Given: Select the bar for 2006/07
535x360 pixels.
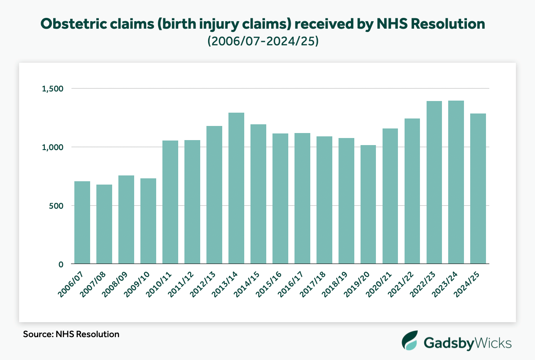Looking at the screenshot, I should coord(82,222).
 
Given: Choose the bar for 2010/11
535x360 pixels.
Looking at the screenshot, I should coord(170,202).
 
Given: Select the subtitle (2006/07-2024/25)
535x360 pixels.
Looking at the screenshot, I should coord(263,42).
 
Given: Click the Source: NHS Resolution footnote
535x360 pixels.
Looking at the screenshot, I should coord(71,334).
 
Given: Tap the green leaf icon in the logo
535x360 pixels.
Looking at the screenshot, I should coord(410,341).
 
